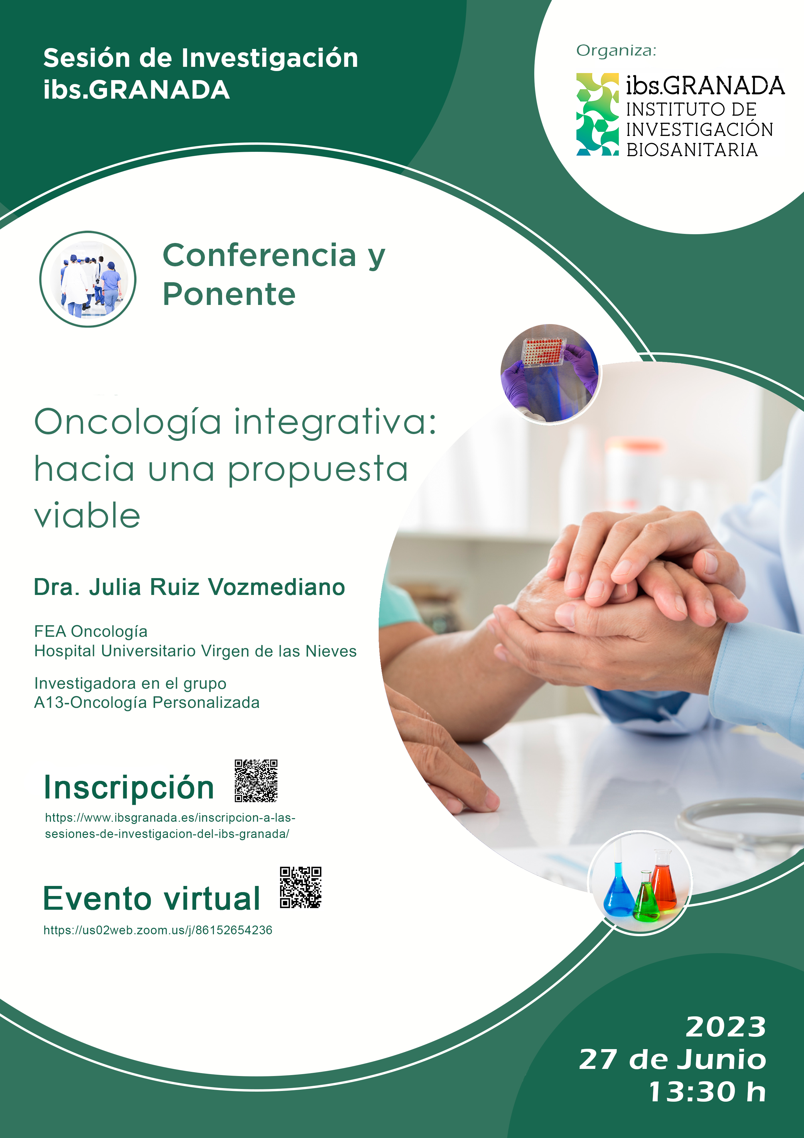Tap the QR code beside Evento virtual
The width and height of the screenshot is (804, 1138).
pos(301,887)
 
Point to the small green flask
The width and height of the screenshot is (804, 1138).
pos(646,896)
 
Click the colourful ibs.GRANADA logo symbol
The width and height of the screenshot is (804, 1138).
pos(597,115)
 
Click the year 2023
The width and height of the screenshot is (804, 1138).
pos(726,1027)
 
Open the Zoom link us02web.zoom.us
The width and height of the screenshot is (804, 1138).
pos(158,930)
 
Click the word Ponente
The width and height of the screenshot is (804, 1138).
pos(229,295)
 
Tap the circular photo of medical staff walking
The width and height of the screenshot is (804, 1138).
pos(88,279)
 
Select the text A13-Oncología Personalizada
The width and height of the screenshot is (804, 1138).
pos(147,702)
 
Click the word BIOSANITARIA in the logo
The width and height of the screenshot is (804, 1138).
pos(692,150)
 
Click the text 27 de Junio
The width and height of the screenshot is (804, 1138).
pos(673,1060)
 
